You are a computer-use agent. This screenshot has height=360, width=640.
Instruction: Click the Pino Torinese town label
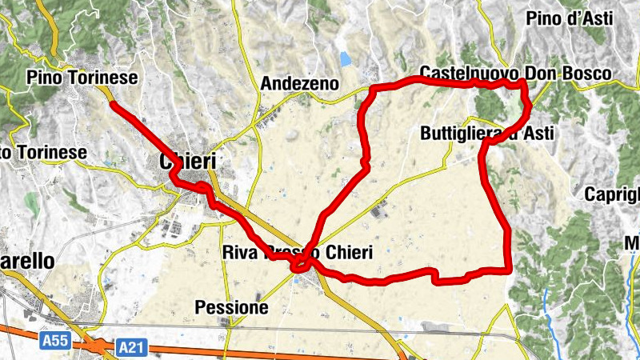click(x=82, y=78)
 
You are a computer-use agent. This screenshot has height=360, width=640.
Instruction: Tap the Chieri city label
click(x=188, y=161)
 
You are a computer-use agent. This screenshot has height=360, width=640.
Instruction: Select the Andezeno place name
click(x=300, y=83)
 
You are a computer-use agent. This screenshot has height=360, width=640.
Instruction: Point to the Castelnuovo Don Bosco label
click(x=515, y=74)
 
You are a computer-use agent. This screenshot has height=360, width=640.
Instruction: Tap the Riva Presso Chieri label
click(x=297, y=254)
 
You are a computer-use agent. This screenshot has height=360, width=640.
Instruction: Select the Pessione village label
click(x=231, y=306)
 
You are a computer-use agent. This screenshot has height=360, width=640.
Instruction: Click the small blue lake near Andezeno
click(x=345, y=58)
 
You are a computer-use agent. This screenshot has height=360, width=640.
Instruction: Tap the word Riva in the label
click(x=237, y=254)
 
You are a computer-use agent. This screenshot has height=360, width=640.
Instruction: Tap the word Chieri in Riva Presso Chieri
click(x=349, y=254)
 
